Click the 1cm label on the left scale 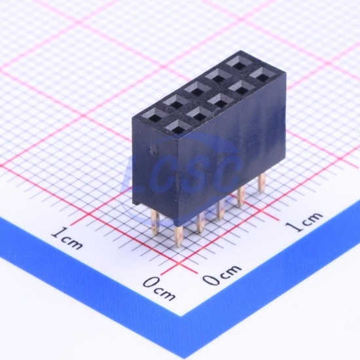[x=67, y=239]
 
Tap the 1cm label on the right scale [x=304, y=222]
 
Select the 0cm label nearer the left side [x=159, y=289]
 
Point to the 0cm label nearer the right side [x=222, y=275]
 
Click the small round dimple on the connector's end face [x=153, y=150]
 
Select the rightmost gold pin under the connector [x=261, y=183]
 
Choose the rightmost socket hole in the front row [x=261, y=75]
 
